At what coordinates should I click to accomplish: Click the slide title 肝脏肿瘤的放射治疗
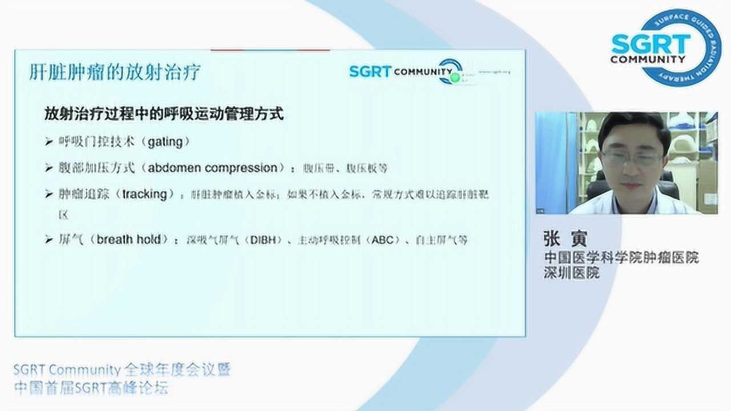[x=115, y=72]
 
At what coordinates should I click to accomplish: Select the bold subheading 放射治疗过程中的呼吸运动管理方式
[x=164, y=114]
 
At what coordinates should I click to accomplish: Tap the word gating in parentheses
[x=164, y=142]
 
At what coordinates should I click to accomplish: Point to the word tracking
[x=144, y=194]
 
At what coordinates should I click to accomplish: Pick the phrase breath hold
[x=128, y=240]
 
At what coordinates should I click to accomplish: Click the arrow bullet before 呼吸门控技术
[x=49, y=142]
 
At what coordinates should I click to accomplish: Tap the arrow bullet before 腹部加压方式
[x=49, y=168]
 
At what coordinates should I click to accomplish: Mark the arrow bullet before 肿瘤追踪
[x=49, y=195]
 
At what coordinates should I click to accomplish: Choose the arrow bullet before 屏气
[x=49, y=240]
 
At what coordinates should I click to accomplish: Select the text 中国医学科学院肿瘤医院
[x=621, y=257]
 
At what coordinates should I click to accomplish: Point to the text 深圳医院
[x=571, y=273]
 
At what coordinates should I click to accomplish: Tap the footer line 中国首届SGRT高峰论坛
[x=91, y=388]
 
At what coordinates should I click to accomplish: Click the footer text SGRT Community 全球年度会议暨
[x=122, y=370]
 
